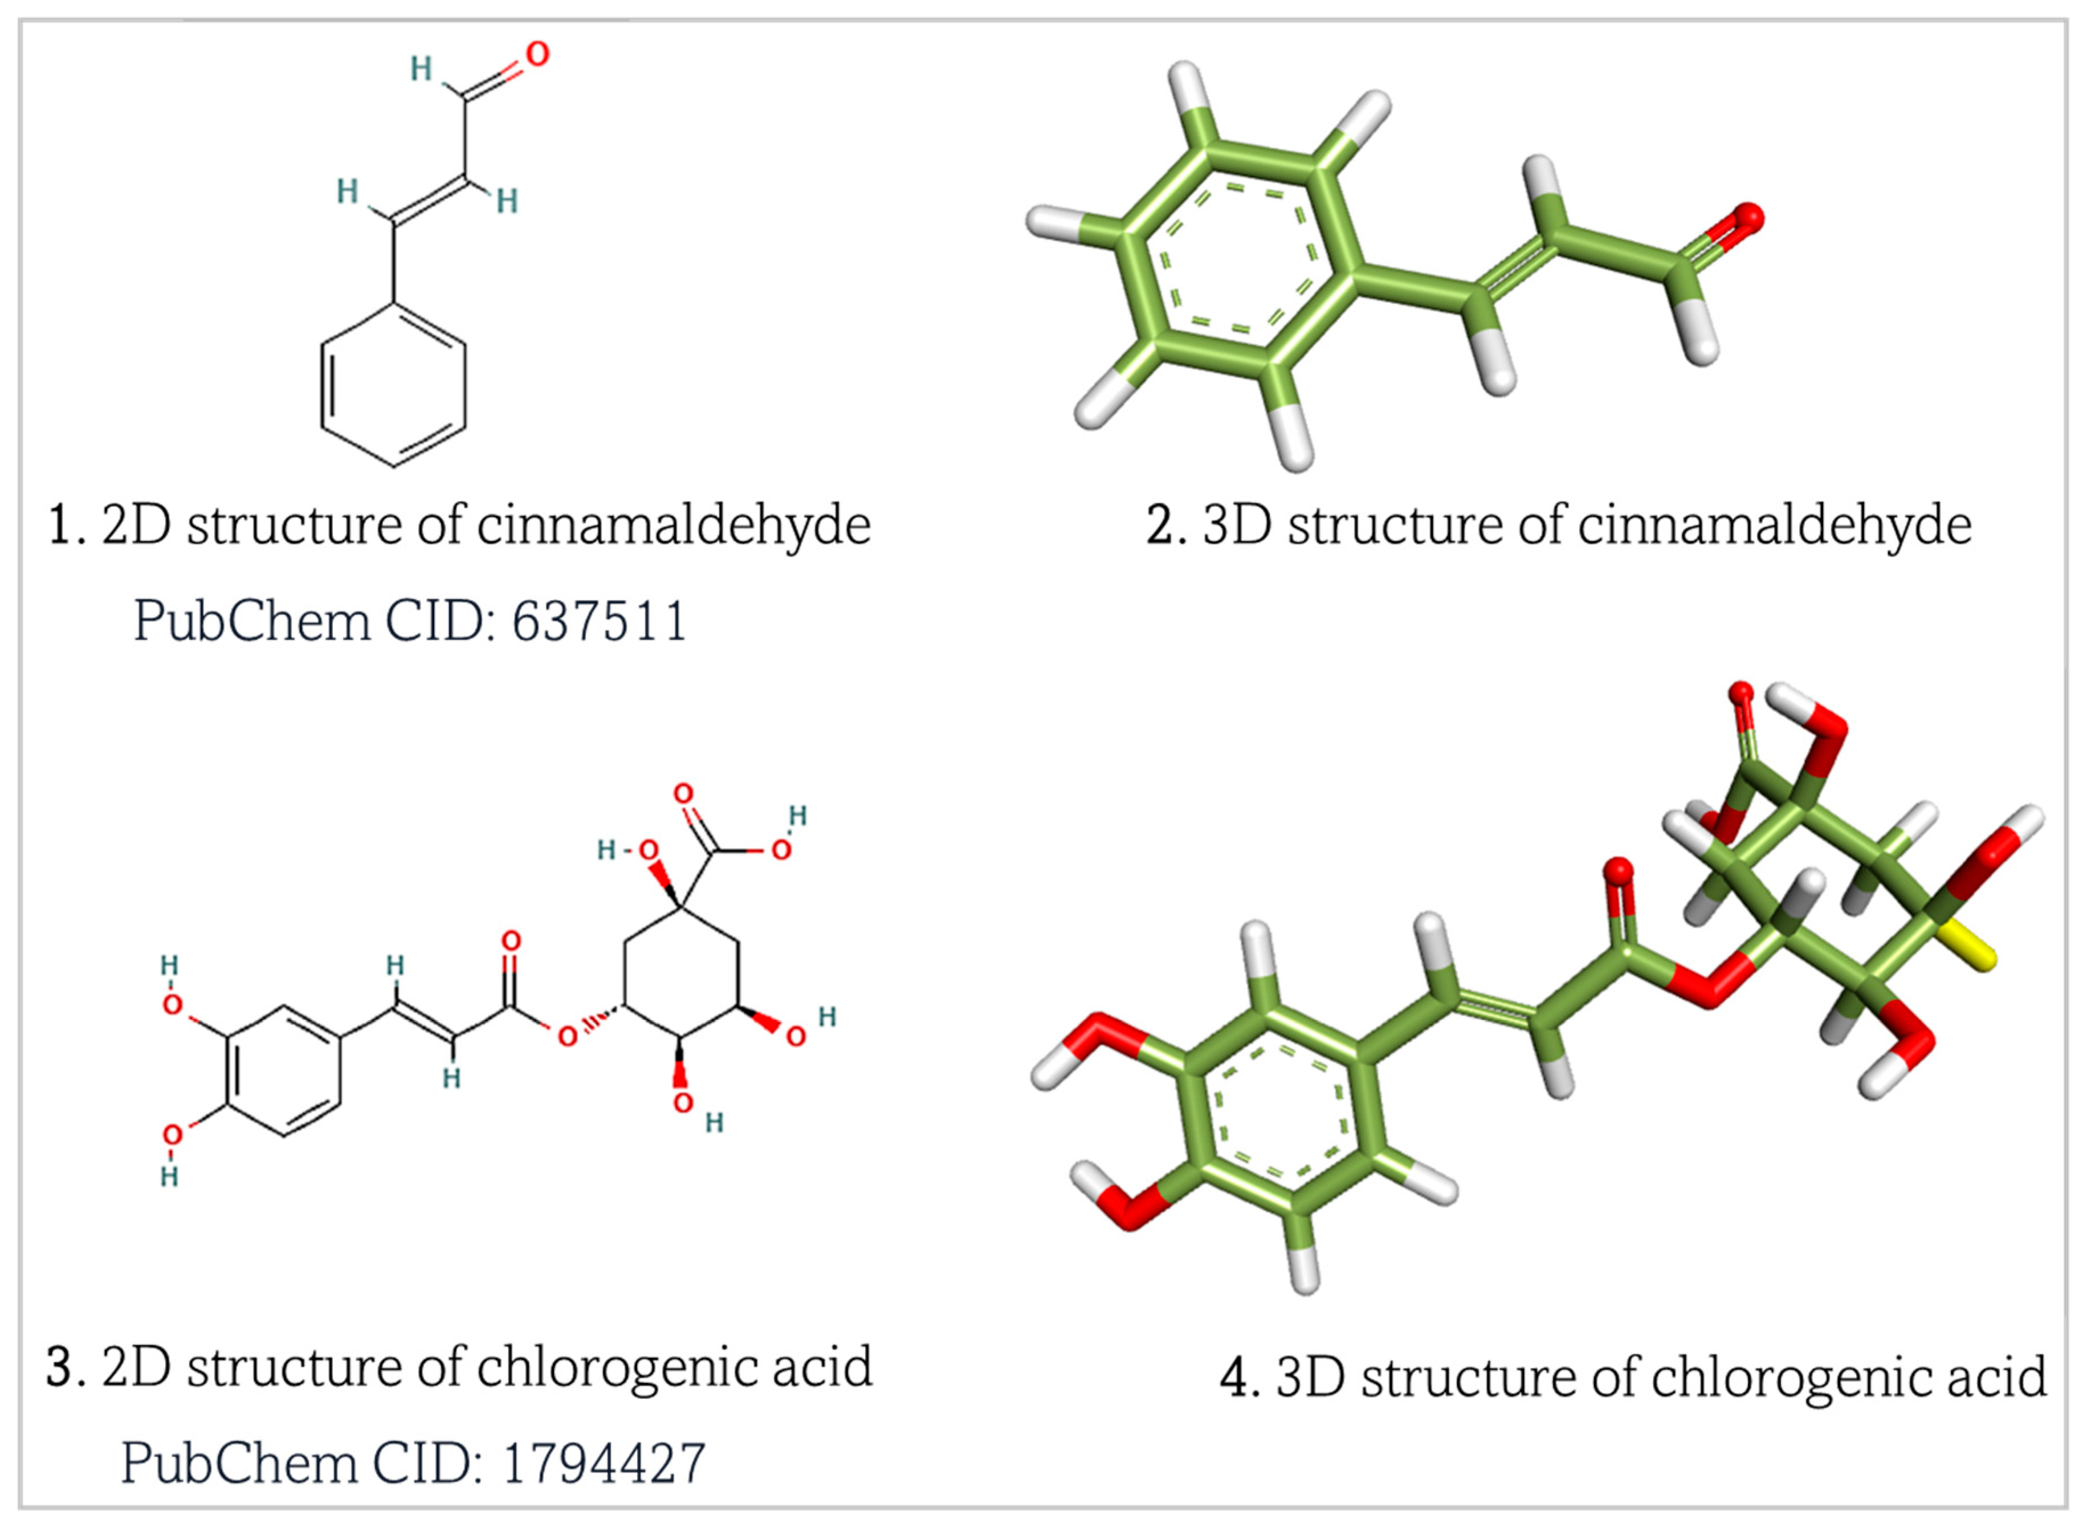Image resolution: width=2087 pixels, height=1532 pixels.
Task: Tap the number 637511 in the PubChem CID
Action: [599, 621]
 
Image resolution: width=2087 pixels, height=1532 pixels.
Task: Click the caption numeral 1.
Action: [60, 526]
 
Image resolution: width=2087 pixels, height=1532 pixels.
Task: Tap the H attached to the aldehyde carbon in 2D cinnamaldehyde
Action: [421, 68]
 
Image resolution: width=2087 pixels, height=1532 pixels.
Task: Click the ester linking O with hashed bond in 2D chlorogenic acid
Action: [568, 1036]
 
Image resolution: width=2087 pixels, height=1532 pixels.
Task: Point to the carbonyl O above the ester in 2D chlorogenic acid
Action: [511, 942]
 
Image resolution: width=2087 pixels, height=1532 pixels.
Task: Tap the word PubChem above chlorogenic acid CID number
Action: [239, 1464]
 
